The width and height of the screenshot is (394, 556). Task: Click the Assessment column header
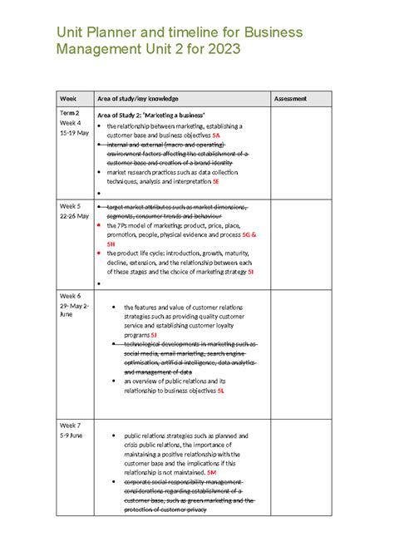(x=290, y=98)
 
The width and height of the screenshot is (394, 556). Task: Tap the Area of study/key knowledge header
(x=138, y=98)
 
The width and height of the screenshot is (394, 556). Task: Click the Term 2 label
(x=69, y=112)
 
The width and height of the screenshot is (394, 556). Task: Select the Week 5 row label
(x=70, y=205)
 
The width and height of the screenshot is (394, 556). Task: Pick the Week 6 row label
(x=70, y=296)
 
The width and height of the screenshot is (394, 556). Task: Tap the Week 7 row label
(x=70, y=425)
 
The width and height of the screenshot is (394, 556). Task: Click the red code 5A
(x=215, y=135)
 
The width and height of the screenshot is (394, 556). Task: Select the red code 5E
(x=215, y=180)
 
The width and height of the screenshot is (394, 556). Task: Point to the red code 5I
(x=250, y=272)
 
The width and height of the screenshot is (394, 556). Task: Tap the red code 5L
(x=221, y=390)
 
